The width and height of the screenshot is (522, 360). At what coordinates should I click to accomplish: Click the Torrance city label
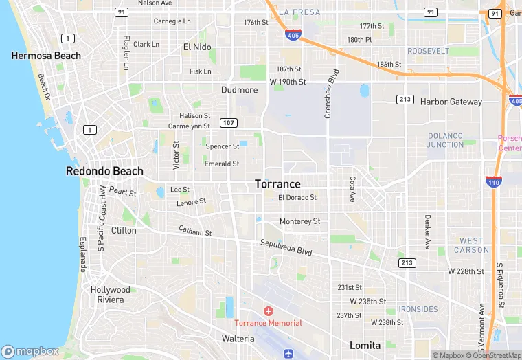click(x=277, y=184)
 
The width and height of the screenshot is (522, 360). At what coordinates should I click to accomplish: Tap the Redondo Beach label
click(x=104, y=171)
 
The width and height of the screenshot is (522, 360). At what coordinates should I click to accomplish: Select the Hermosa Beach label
click(x=46, y=56)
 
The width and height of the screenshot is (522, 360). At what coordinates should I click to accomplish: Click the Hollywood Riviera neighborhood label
click(x=110, y=295)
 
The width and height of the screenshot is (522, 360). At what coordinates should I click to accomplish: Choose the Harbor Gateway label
click(x=451, y=102)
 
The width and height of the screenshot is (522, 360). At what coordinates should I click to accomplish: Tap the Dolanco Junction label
click(x=445, y=140)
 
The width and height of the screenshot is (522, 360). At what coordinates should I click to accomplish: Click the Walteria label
click(x=238, y=339)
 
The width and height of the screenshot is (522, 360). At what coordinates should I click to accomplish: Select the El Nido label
click(x=196, y=47)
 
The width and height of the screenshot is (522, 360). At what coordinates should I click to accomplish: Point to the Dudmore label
click(x=239, y=90)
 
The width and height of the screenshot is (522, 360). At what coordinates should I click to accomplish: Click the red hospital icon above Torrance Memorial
click(x=268, y=311)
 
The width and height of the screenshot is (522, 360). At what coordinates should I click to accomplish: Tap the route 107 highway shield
click(x=229, y=122)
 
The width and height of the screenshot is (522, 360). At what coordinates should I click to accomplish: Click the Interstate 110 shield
click(x=492, y=181)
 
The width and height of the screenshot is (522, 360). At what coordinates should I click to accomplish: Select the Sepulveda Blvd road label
click(x=286, y=247)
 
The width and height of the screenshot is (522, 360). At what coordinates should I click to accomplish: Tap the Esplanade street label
click(x=83, y=254)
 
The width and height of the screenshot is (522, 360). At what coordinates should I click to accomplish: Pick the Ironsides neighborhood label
click(x=418, y=309)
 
